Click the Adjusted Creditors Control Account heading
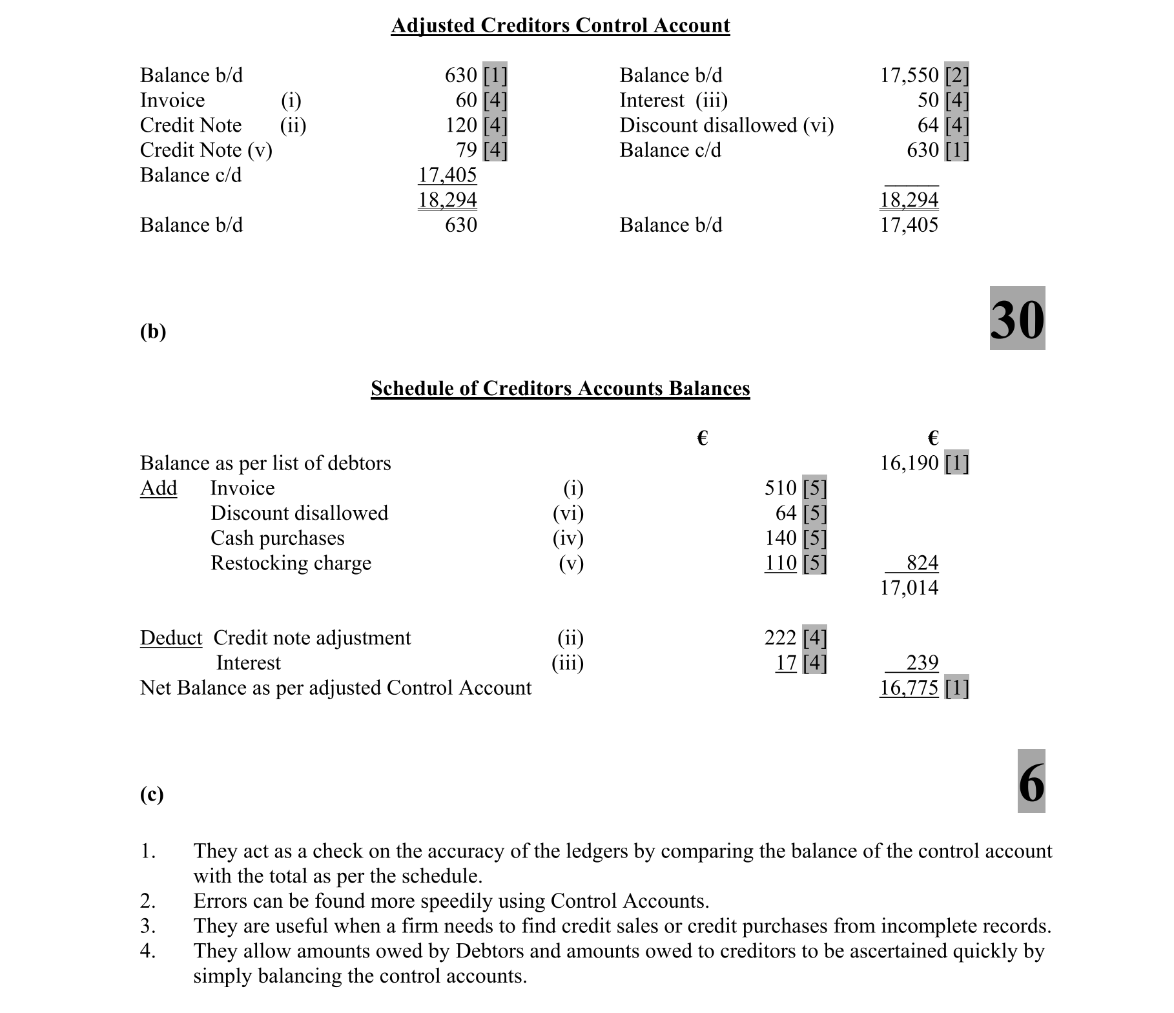click(560, 25)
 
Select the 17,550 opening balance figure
click(909, 76)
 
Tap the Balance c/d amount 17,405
click(447, 175)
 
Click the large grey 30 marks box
click(1017, 318)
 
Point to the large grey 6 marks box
click(1031, 781)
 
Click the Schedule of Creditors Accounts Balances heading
click(560, 388)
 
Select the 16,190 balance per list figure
click(909, 463)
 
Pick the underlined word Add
click(158, 488)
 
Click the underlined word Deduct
click(170, 638)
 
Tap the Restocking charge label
click(291, 563)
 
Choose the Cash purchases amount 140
click(780, 538)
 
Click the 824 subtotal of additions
click(922, 563)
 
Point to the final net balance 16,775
click(909, 688)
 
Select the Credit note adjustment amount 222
click(780, 638)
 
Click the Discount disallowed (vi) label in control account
click(726, 125)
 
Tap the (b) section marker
click(153, 331)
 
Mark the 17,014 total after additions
click(909, 588)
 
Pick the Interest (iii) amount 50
click(928, 101)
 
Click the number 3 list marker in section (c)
click(147, 926)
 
